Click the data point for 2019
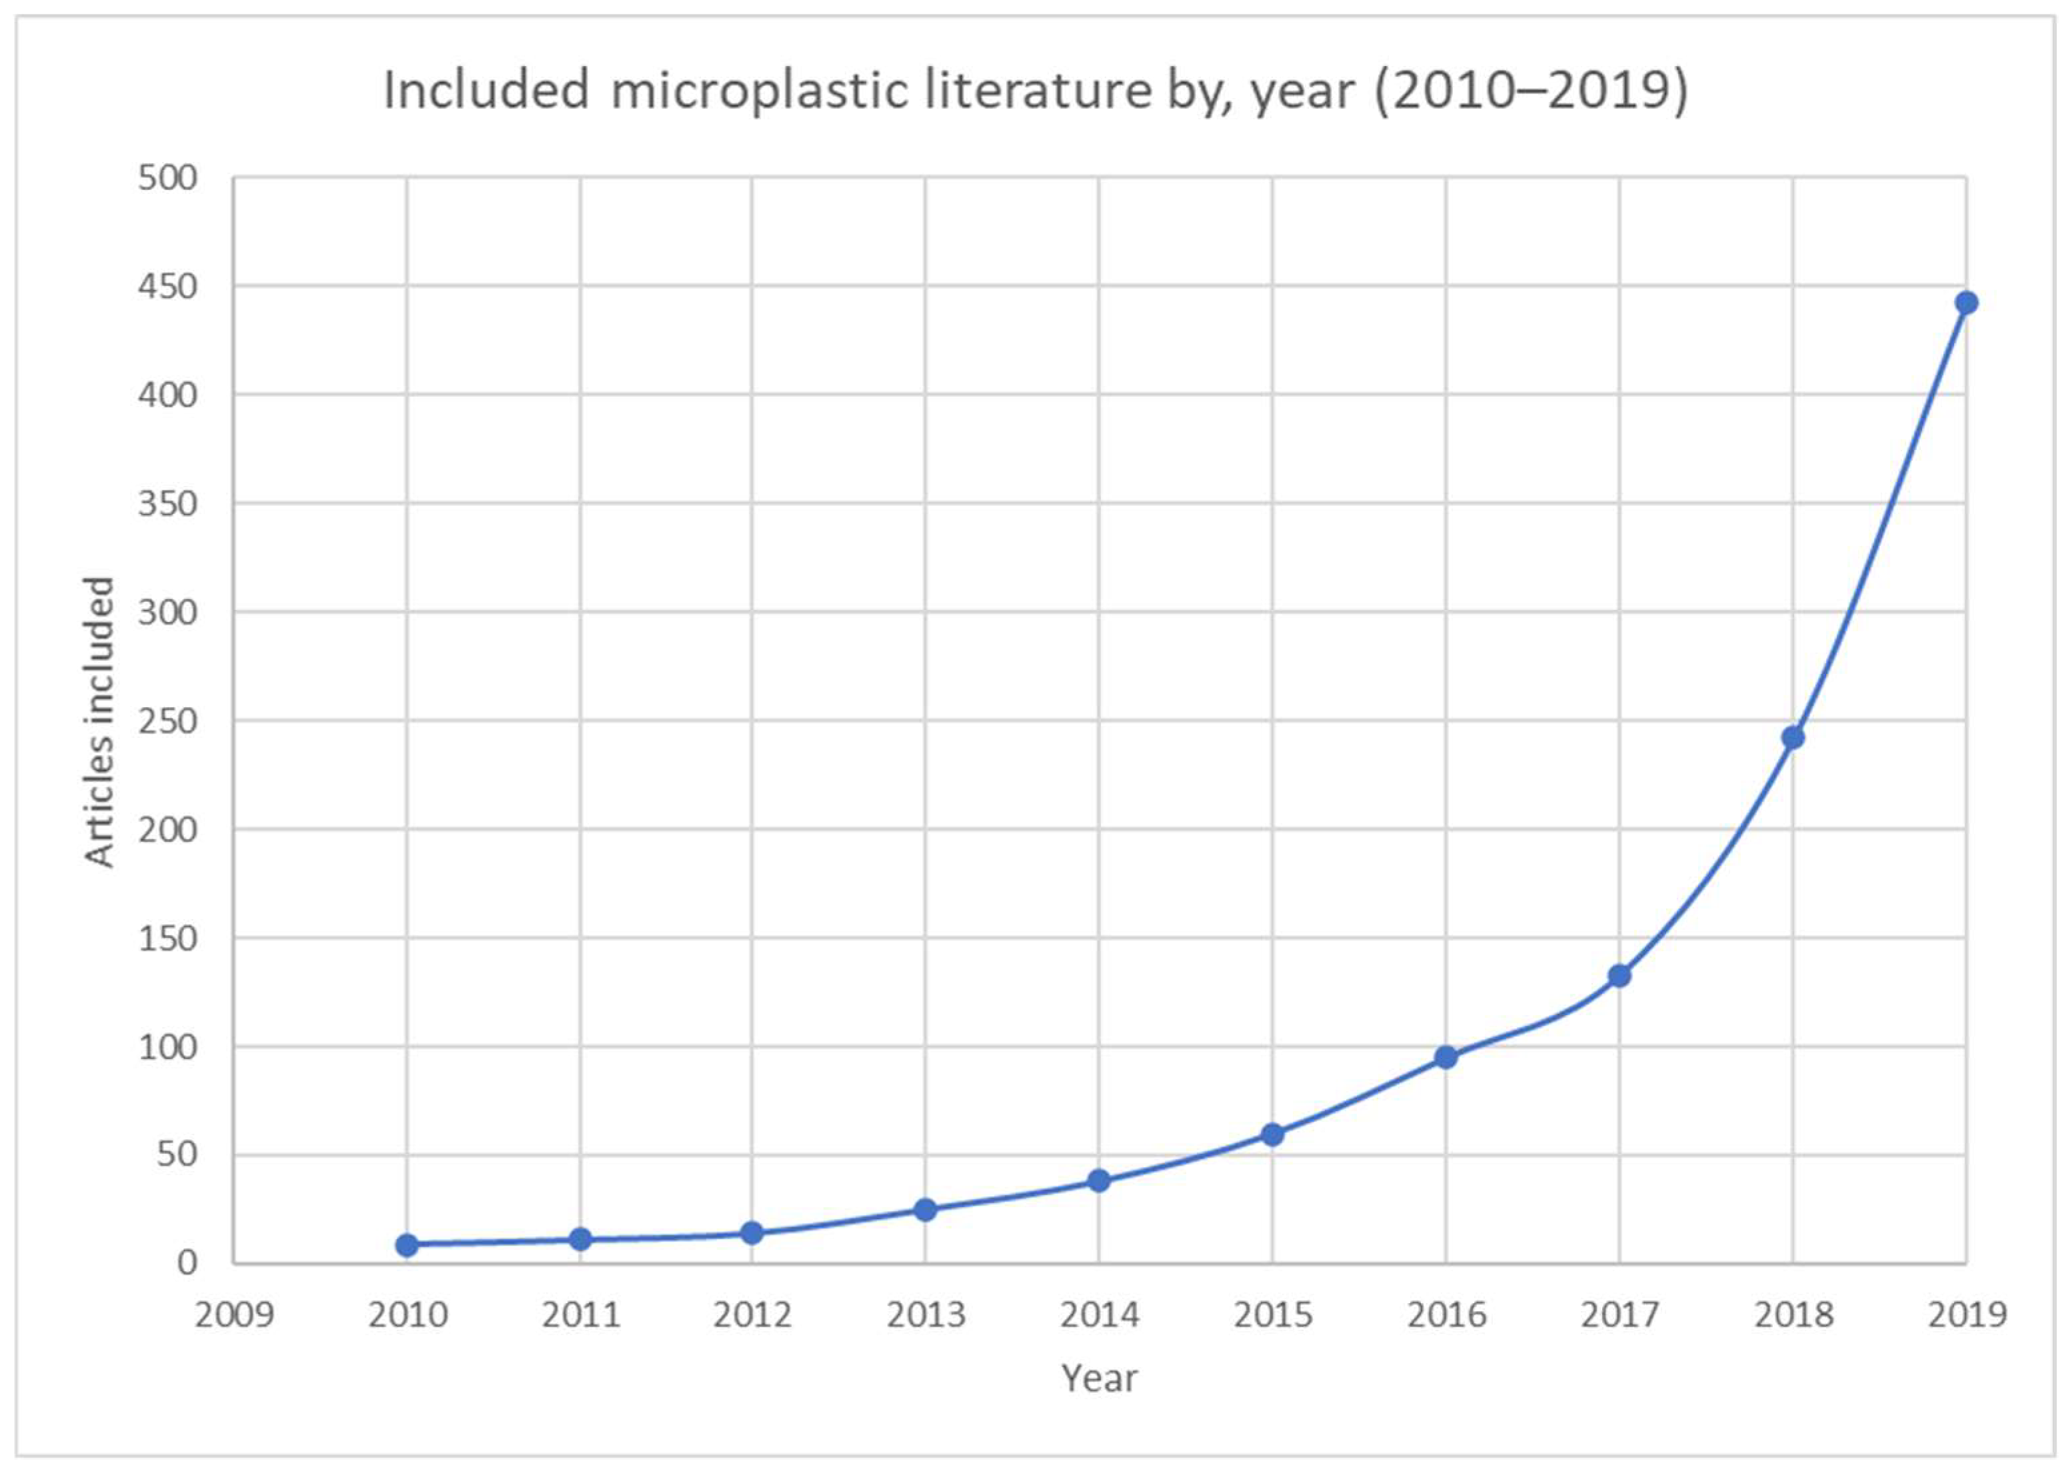click(x=1965, y=303)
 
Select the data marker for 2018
click(x=1792, y=737)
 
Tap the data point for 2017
click(x=1619, y=976)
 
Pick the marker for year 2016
click(x=1446, y=1056)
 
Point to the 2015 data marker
click(x=1272, y=1134)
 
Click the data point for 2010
click(x=407, y=1245)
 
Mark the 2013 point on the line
click(x=925, y=1210)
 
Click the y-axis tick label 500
click(x=168, y=178)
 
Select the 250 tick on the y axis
click(x=168, y=721)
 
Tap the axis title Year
click(x=1099, y=1378)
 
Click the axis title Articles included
click(x=100, y=722)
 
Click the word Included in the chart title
click(x=485, y=91)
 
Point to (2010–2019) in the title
click(x=1531, y=91)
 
